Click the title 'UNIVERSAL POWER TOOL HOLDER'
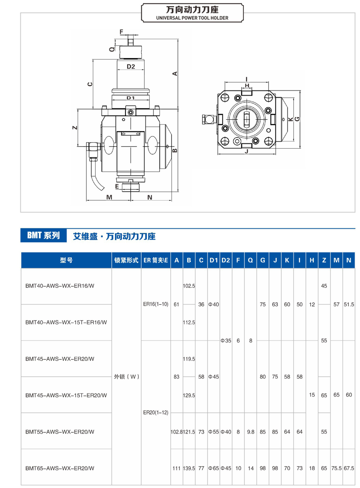click(192, 18)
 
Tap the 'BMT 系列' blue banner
click(44, 235)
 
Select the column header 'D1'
click(214, 260)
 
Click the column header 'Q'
click(251, 260)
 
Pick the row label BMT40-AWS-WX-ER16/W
click(60, 286)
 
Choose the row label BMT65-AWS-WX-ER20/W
click(60, 468)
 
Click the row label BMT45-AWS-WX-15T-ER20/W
click(66, 395)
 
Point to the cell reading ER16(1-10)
click(156, 304)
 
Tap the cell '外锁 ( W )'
click(126, 376)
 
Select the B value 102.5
click(189, 286)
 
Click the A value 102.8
click(176, 432)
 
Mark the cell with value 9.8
click(251, 432)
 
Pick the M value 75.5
click(336, 468)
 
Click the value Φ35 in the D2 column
click(226, 340)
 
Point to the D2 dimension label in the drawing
click(131, 67)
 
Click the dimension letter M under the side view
click(109, 197)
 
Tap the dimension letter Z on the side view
click(75, 128)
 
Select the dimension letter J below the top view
click(247, 152)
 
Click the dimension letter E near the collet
click(117, 186)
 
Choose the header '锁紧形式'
click(126, 260)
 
